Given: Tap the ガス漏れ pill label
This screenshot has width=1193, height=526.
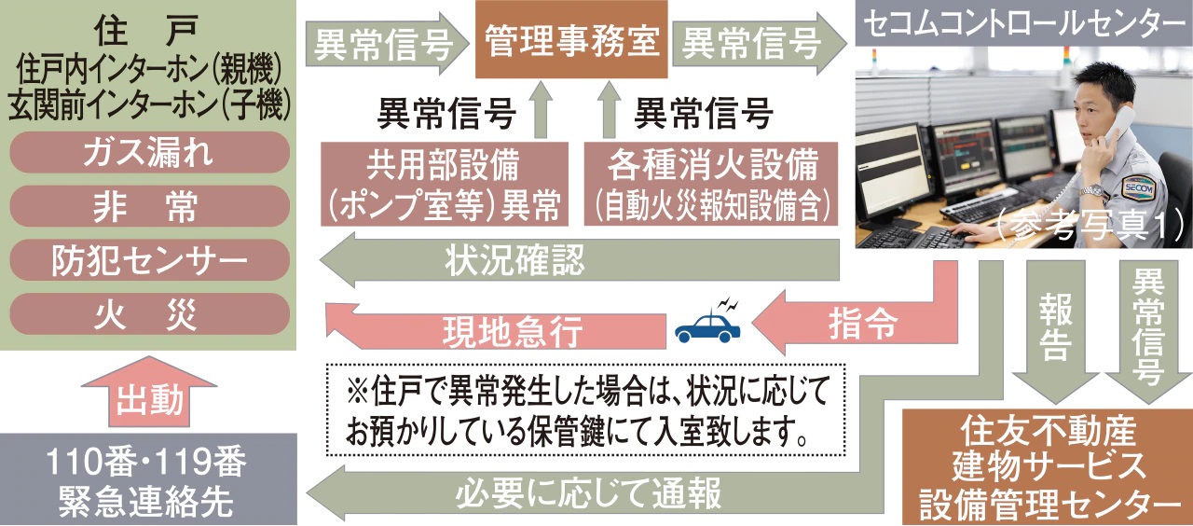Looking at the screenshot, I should click(147, 152).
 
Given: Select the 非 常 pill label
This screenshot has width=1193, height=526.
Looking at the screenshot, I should click(147, 206).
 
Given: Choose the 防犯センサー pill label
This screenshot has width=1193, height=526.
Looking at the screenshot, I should click(147, 260).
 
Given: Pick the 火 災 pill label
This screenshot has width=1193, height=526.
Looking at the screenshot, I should click(147, 314).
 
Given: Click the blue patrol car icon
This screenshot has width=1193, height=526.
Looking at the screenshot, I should click(707, 325).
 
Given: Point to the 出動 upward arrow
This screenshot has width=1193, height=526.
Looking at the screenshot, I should click(149, 392).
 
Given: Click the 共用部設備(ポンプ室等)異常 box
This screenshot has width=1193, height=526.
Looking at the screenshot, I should click(444, 184).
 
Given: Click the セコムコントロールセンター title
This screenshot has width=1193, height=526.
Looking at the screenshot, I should click(1022, 22).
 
